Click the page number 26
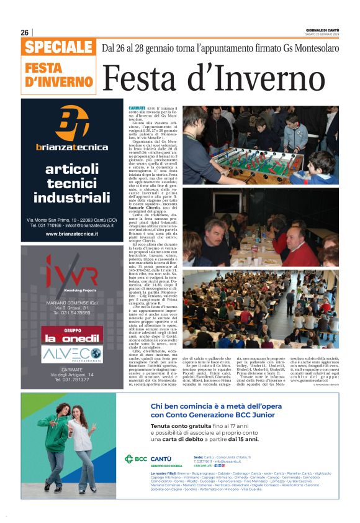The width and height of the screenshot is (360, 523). pyautogui.click(x=25, y=32)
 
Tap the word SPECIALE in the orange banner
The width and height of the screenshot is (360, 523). pyautogui.click(x=59, y=47)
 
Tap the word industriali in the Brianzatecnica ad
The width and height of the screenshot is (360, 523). pyautogui.click(x=71, y=198)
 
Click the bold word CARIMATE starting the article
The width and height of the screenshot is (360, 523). pyautogui.click(x=137, y=107)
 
